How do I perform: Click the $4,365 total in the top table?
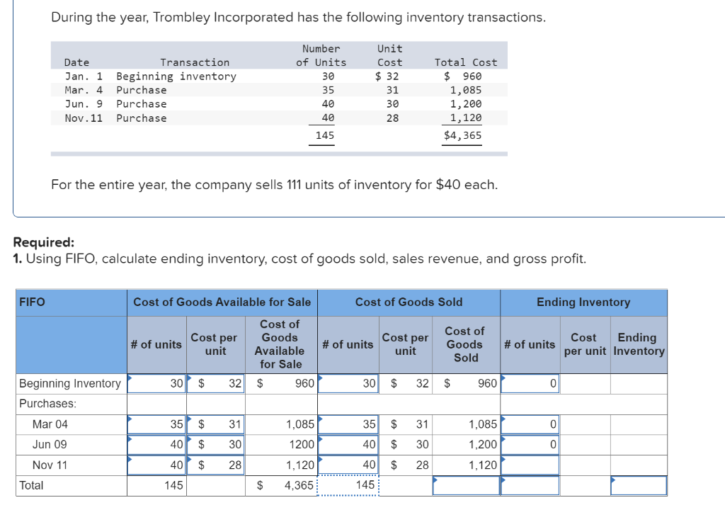point(462,135)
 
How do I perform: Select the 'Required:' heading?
point(42,243)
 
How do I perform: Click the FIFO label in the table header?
point(32,302)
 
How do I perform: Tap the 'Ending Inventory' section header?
point(583,302)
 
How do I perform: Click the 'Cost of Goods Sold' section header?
point(409,302)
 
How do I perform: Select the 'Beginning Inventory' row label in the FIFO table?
point(70,383)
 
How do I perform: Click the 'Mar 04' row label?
point(50,424)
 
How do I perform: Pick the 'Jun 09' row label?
point(50,444)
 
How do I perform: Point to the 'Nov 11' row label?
point(50,465)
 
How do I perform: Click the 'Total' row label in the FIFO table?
point(31,485)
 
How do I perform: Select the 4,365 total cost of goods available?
point(299,486)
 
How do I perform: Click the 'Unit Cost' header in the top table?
point(389,55)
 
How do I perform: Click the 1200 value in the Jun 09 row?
point(300,445)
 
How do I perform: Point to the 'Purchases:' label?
point(48,403)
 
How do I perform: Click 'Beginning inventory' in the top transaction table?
point(176,76)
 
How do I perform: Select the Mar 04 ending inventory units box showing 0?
point(530,424)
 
